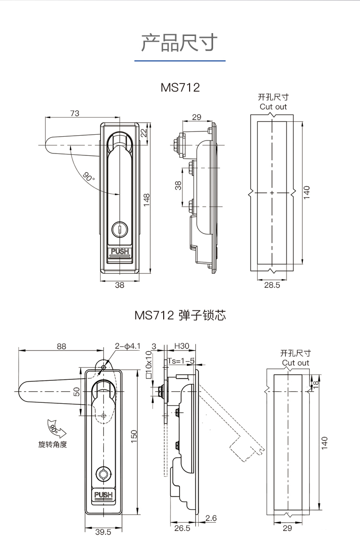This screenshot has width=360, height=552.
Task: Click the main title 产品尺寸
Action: (x=180, y=43)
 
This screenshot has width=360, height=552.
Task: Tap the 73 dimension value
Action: (x=74, y=114)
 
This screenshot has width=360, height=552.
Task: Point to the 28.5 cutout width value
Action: (x=272, y=285)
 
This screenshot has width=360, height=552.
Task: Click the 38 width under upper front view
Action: (x=120, y=285)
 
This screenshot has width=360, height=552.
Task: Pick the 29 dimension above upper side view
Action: (x=196, y=117)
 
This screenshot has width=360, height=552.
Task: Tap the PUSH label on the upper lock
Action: (x=120, y=251)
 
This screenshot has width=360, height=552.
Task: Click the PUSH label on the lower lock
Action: (x=103, y=495)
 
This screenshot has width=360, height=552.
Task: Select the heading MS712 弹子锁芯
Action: (x=180, y=316)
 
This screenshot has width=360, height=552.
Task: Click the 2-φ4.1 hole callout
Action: (x=127, y=346)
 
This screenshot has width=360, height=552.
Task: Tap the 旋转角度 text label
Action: (x=53, y=444)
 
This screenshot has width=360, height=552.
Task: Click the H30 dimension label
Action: (x=181, y=346)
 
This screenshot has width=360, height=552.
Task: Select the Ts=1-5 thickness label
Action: (x=181, y=361)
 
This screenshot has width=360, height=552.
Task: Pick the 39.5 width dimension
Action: (x=103, y=531)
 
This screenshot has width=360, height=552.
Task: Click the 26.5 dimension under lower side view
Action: (x=182, y=528)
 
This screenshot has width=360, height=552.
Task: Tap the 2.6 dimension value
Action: (x=211, y=518)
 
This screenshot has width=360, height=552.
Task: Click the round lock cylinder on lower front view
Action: (x=103, y=474)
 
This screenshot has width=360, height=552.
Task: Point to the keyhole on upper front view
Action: (x=120, y=231)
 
